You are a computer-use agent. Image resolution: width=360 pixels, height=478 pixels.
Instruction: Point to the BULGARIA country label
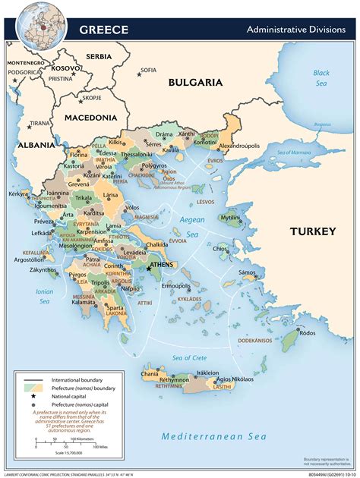pyautogui.click(x=195, y=82)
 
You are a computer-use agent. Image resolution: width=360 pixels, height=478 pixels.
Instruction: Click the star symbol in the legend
pyautogui.click(x=33, y=397)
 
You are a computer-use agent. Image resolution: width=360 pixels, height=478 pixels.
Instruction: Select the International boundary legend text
pyautogui.click(x=80, y=379)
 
